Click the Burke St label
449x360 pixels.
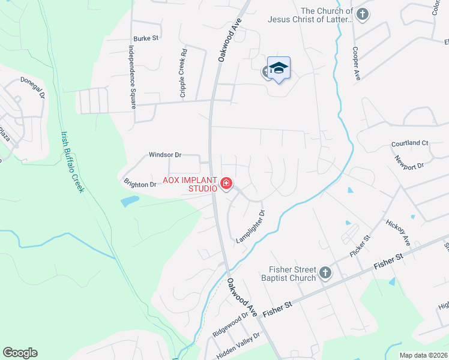(x=146, y=38)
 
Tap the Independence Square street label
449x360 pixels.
(x=130, y=77)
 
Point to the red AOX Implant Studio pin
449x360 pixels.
(x=226, y=183)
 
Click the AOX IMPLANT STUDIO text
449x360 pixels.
(x=190, y=184)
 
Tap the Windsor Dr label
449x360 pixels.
(x=165, y=155)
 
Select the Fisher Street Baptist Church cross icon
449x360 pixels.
(x=325, y=274)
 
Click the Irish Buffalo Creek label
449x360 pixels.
(x=71, y=162)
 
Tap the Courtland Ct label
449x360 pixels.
(x=409, y=143)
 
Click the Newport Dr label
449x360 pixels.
(x=409, y=162)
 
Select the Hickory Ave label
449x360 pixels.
(x=398, y=232)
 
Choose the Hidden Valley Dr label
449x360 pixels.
(x=238, y=346)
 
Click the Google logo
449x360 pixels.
(x=20, y=353)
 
